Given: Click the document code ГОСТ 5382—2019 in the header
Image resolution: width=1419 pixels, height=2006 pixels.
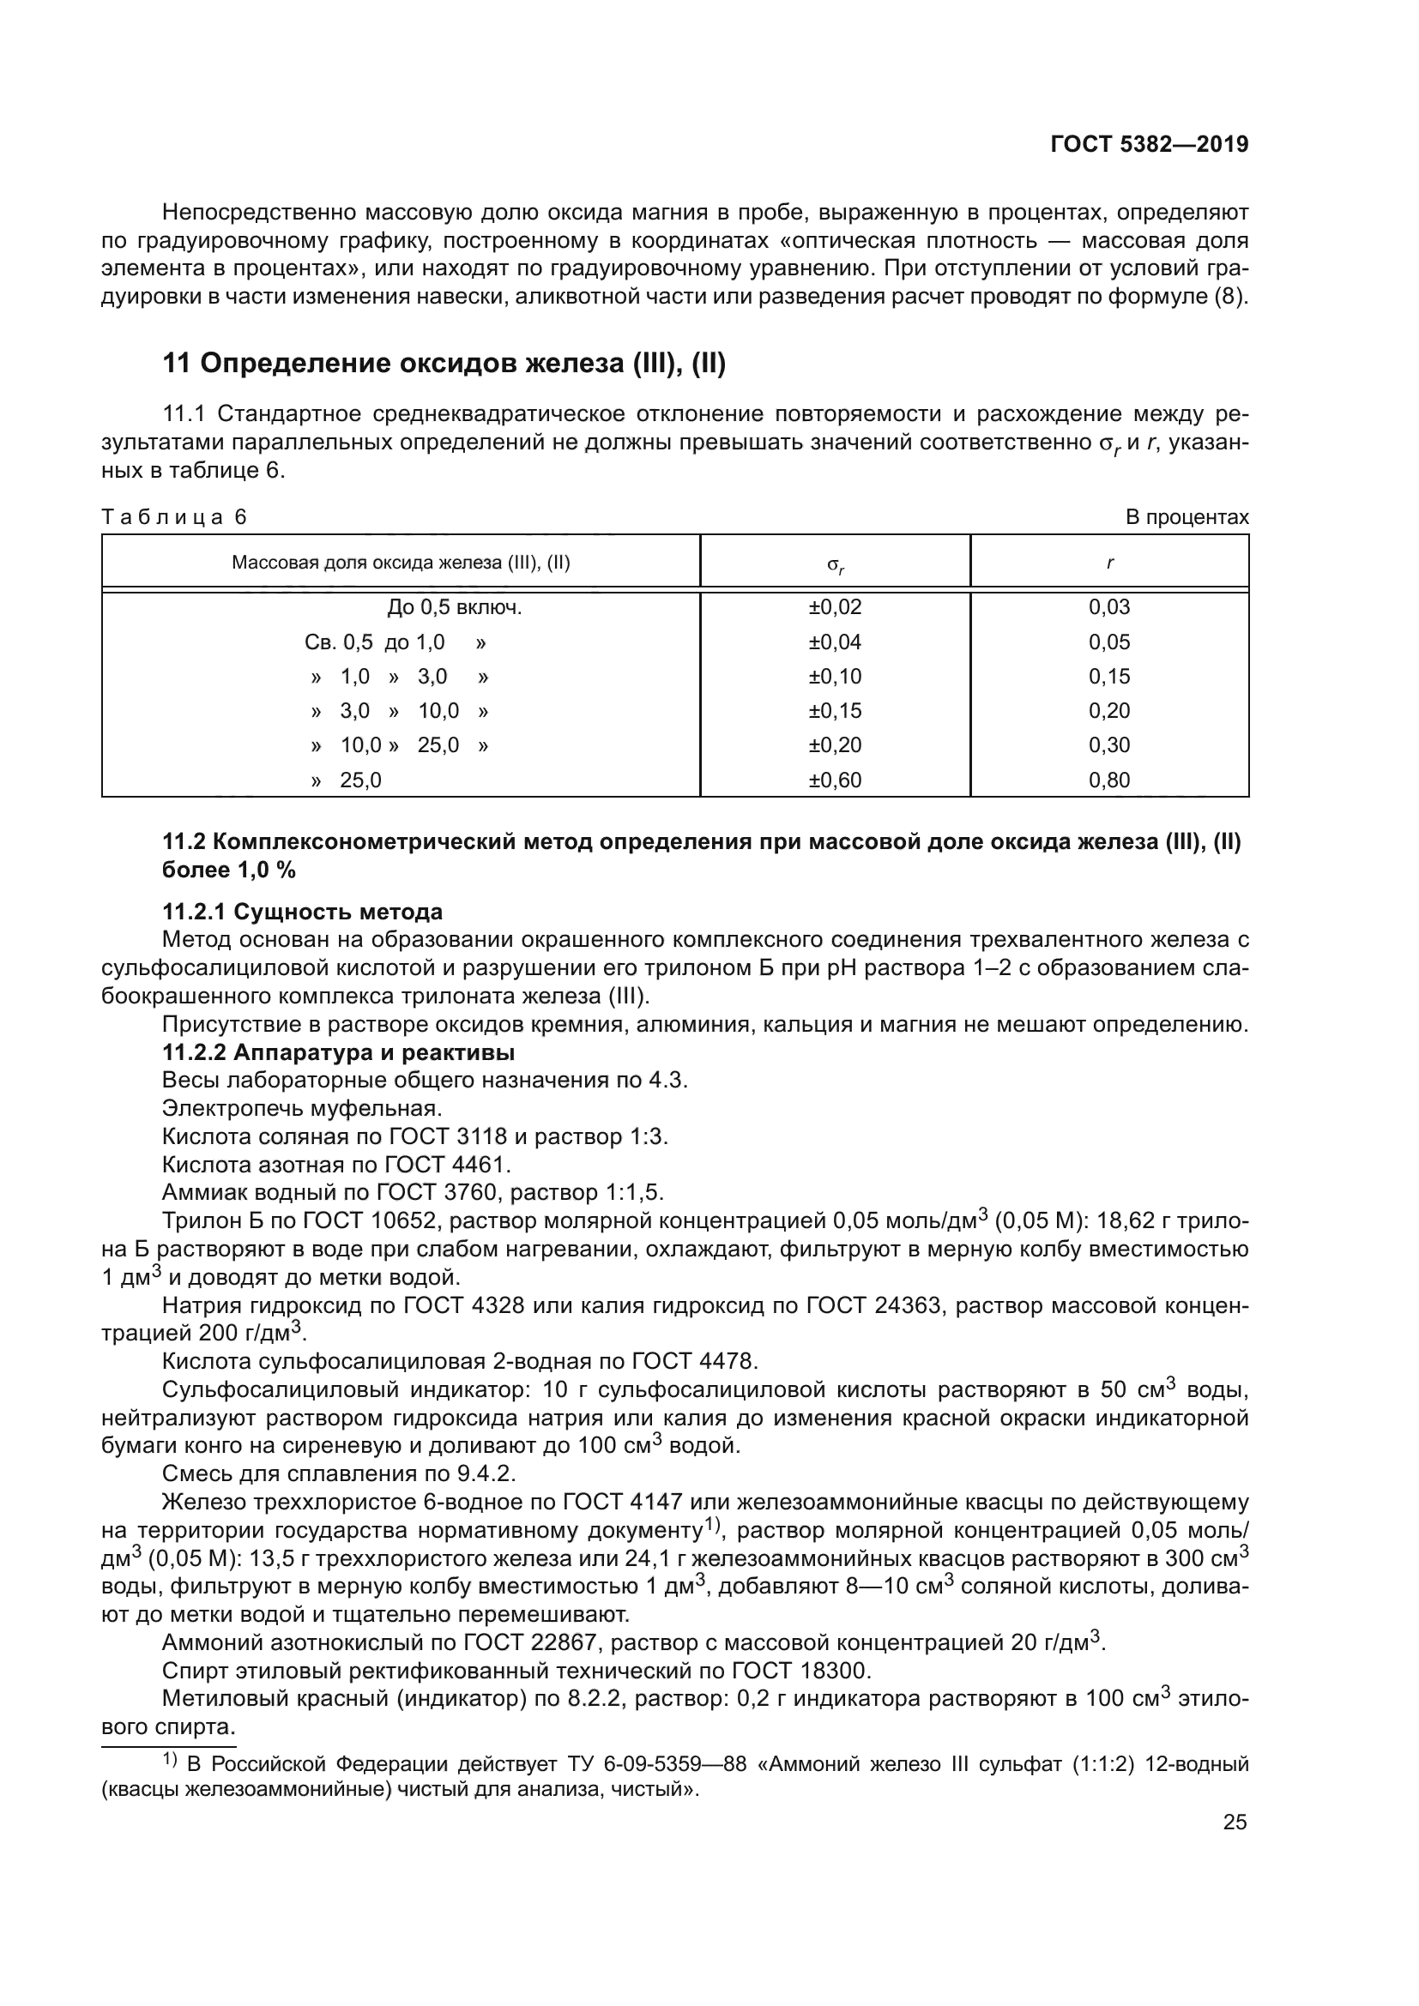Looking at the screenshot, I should (1149, 145).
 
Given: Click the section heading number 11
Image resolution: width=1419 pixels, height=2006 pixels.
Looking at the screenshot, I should (177, 364).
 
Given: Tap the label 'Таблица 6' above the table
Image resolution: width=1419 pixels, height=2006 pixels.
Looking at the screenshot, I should (175, 517).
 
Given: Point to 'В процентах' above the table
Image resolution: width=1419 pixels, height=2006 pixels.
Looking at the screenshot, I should (1187, 517).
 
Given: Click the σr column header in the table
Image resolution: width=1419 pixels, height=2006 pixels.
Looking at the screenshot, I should (836, 564).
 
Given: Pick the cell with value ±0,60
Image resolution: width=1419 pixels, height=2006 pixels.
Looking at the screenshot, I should (836, 780).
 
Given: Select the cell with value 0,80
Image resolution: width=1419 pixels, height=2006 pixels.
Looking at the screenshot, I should (1108, 780).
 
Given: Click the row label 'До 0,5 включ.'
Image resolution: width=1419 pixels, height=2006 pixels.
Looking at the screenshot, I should (455, 607).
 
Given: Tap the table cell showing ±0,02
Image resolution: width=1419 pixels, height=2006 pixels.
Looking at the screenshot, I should (836, 607).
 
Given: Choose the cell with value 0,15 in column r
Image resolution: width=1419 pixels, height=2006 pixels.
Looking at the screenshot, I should (1108, 676).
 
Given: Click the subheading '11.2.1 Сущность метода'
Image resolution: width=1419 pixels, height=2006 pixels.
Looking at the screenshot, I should (302, 913).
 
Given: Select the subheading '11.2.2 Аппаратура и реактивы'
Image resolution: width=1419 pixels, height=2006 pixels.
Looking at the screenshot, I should (338, 1052).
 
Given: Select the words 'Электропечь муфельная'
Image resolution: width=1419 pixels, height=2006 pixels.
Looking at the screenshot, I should (299, 1109).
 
